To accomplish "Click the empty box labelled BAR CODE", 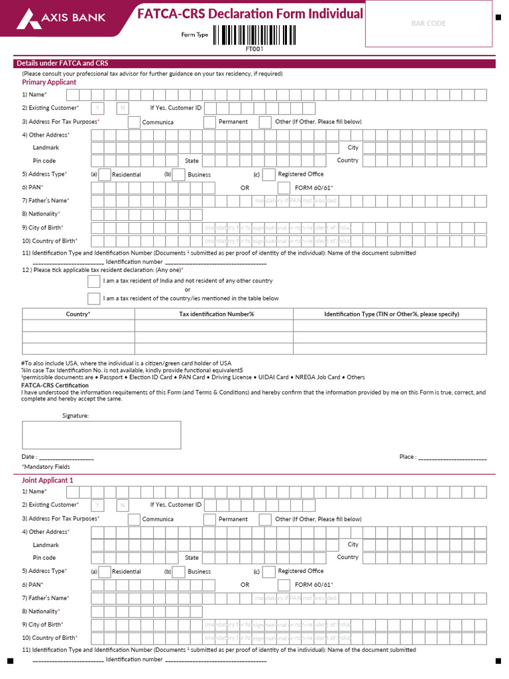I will pyautogui.click(x=428, y=23).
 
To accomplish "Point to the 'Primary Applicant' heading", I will pyautogui.click(x=49, y=82).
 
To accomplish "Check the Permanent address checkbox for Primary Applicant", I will pyautogui.click(x=209, y=122).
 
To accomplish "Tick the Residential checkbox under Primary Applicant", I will pyautogui.click(x=104, y=174).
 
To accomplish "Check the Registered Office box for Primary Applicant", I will pyautogui.click(x=268, y=174).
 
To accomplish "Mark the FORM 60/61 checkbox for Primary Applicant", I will pyautogui.click(x=284, y=188).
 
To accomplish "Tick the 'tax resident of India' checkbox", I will pyautogui.click(x=94, y=281).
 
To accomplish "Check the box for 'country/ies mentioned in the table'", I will pyautogui.click(x=94, y=298).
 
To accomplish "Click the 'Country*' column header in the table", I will pyautogui.click(x=78, y=314).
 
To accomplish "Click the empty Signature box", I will pyautogui.click(x=101, y=435).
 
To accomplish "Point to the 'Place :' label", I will pyautogui.click(x=408, y=457).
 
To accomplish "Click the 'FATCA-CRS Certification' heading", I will pyautogui.click(x=55, y=385).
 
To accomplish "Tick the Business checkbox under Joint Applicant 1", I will pyautogui.click(x=178, y=572).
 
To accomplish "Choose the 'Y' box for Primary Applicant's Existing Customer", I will pyautogui.click(x=97, y=108).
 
